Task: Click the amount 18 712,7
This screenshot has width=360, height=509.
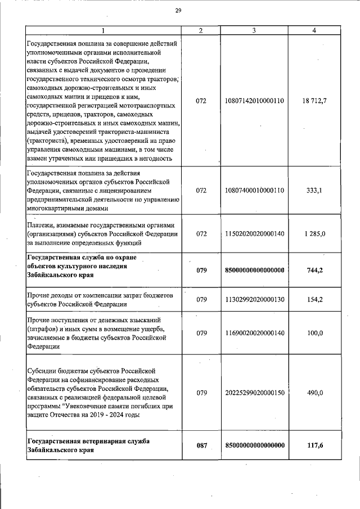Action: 314,101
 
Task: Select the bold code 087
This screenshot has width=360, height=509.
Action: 202,445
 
